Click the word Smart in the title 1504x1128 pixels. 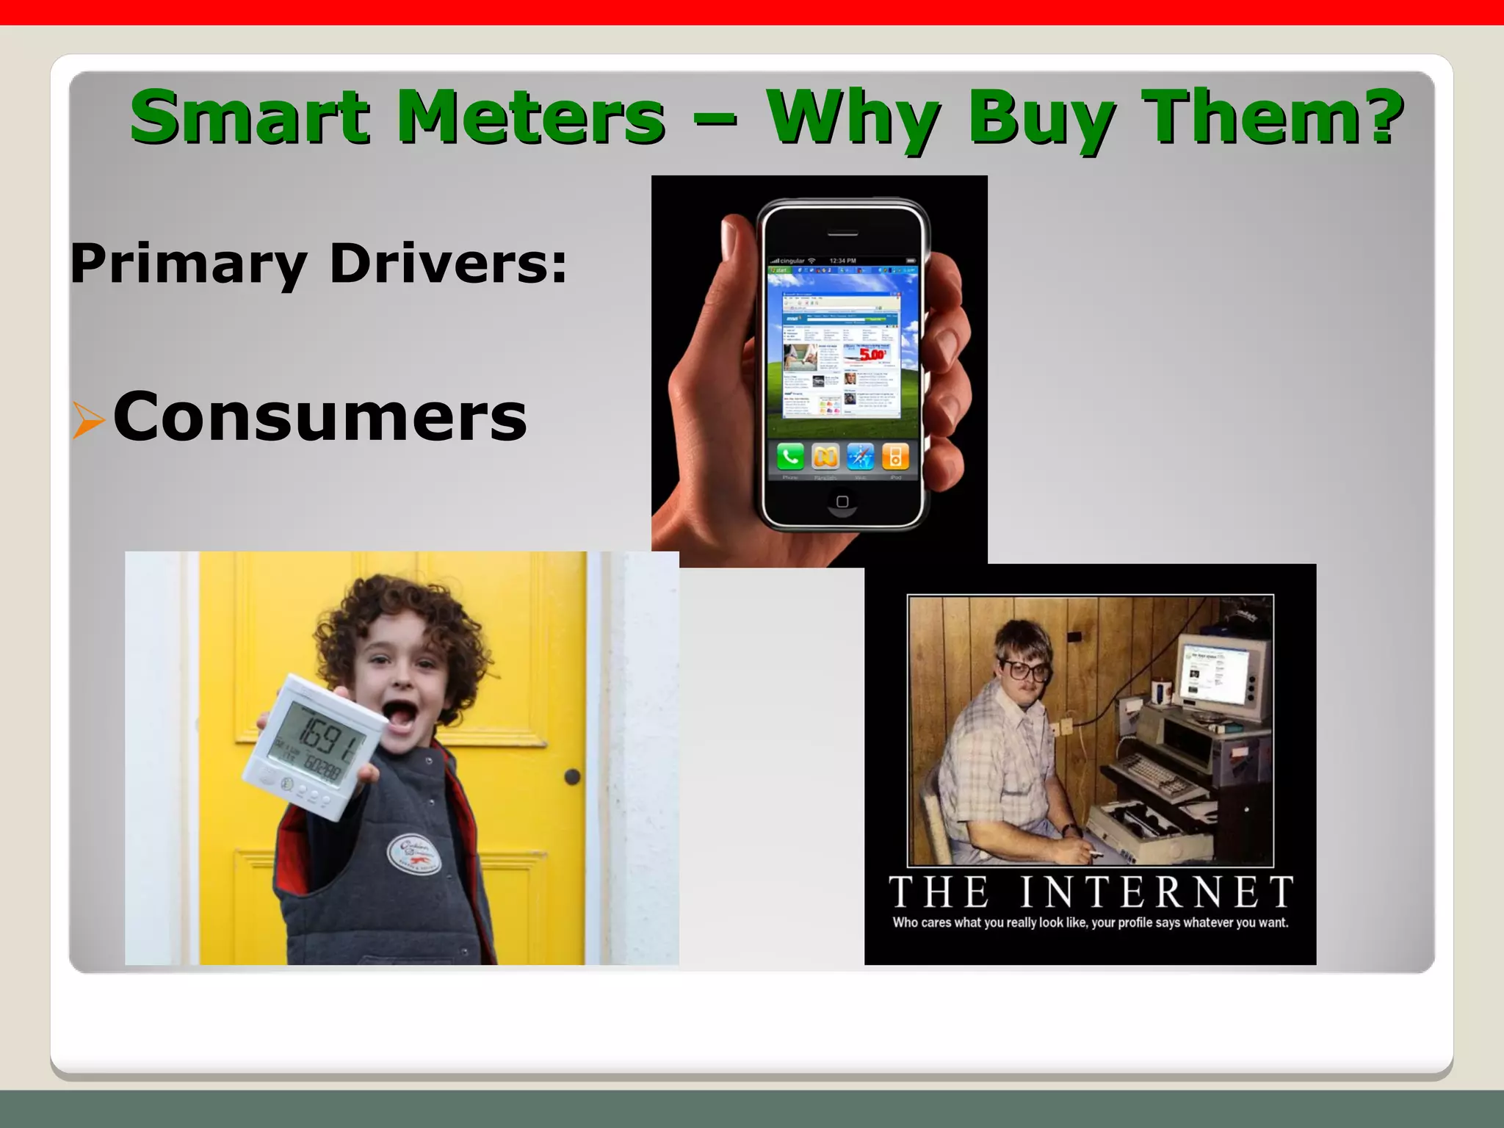(250, 117)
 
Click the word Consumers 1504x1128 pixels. (320, 417)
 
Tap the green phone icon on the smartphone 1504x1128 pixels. (790, 457)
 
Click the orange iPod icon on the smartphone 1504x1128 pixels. (895, 457)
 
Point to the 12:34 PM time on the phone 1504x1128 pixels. (842, 261)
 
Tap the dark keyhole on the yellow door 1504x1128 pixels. (572, 776)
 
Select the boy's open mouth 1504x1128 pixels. (400, 717)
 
